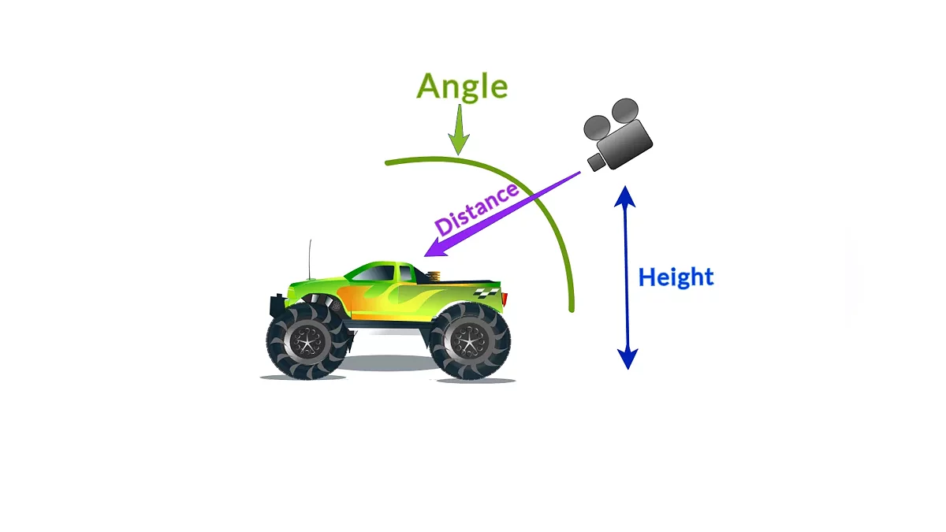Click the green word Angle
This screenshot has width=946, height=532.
462,87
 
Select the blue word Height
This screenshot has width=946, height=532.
676,277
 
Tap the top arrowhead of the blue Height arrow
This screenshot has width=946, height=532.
626,195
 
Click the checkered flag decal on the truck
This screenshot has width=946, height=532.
486,293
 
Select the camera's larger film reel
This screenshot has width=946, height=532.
625,110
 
